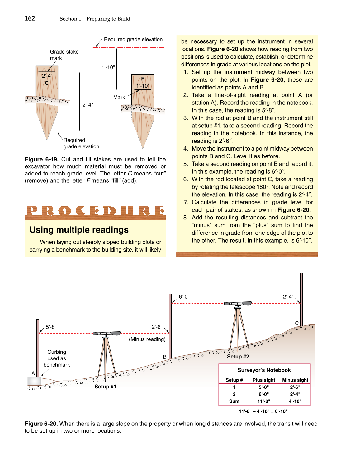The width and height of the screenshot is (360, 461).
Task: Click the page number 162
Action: click(x=30, y=18)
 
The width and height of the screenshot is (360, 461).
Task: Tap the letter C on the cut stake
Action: click(x=47, y=83)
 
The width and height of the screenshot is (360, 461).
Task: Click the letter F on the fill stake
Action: click(x=143, y=79)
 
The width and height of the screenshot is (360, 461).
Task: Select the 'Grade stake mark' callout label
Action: click(x=64, y=55)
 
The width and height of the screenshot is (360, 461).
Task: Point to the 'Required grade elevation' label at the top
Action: click(x=133, y=39)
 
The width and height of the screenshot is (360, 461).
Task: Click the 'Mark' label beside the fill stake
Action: click(x=119, y=97)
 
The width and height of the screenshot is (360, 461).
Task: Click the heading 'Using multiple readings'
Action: click(x=79, y=230)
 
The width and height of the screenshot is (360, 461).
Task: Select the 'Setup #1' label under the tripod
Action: click(x=105, y=387)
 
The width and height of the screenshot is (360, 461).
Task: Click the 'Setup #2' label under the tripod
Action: click(x=238, y=357)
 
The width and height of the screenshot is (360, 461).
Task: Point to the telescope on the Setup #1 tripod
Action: click(x=107, y=333)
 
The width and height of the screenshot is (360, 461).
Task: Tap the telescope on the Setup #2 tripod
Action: click(x=238, y=303)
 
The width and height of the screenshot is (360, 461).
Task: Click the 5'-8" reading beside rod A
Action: click(x=51, y=327)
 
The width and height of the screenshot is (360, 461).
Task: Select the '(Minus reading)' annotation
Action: click(x=147, y=339)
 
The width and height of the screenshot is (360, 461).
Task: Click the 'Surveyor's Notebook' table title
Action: click(x=264, y=370)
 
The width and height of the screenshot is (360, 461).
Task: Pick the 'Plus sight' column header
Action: click(x=264, y=380)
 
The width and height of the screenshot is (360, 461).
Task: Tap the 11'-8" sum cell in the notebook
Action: click(x=264, y=401)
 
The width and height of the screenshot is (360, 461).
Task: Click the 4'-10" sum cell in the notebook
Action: click(x=295, y=401)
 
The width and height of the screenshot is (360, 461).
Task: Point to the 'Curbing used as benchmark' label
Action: click(x=57, y=358)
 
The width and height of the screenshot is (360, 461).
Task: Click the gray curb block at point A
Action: click(x=34, y=381)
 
